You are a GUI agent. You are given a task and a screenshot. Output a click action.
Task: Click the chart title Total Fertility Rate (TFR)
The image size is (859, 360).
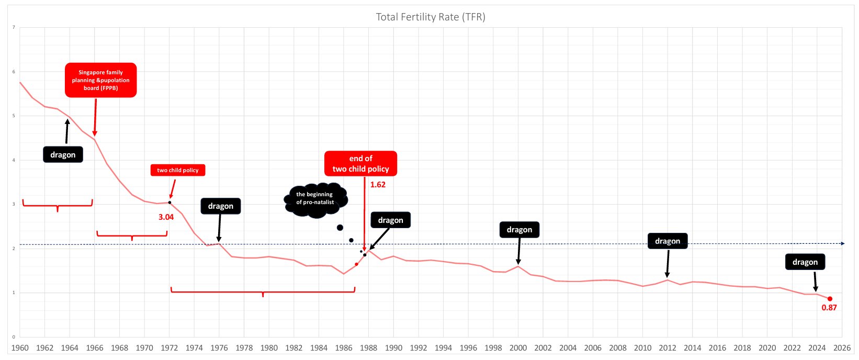[430, 17]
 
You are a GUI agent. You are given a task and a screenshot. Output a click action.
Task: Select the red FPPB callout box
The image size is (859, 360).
[100, 80]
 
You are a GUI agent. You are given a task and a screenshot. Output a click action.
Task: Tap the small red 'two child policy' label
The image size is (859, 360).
[178, 170]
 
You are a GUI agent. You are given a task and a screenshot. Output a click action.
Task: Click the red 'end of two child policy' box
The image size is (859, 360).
[360, 164]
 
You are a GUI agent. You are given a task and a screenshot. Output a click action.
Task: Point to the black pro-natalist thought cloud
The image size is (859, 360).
[315, 199]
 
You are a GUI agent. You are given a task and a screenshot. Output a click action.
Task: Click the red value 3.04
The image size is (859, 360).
[166, 217]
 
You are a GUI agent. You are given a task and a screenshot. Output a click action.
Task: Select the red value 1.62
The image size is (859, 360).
[378, 185]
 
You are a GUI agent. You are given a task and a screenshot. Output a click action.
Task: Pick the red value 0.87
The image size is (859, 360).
[829, 308]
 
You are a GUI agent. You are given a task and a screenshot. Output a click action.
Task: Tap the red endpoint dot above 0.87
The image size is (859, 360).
[830, 299]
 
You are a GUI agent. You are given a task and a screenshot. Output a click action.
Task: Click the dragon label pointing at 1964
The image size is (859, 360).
[63, 155]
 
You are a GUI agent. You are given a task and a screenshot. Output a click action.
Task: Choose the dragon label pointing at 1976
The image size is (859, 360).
[220, 206]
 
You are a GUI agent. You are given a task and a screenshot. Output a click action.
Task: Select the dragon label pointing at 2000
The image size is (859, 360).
[519, 230]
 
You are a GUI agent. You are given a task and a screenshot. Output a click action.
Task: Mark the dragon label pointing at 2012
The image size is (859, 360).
[667, 241]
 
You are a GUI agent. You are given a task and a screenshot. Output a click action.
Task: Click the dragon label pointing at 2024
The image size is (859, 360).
[805, 262]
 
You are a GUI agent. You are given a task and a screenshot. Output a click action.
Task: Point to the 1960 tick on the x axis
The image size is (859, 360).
[20, 348]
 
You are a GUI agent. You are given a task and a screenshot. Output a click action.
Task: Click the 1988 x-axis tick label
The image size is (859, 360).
[368, 348]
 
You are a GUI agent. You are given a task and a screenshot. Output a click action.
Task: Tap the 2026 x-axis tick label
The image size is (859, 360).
[842, 348]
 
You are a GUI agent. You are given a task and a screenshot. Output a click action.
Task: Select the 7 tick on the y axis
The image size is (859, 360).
[14, 27]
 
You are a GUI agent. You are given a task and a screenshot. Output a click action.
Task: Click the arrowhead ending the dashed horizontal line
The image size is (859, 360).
[842, 243]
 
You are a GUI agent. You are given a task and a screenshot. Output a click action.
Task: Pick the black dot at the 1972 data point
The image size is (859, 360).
[169, 203]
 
